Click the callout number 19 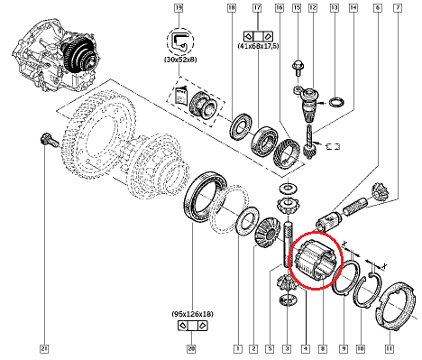[x=179, y=8]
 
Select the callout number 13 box [x=334, y=8]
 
